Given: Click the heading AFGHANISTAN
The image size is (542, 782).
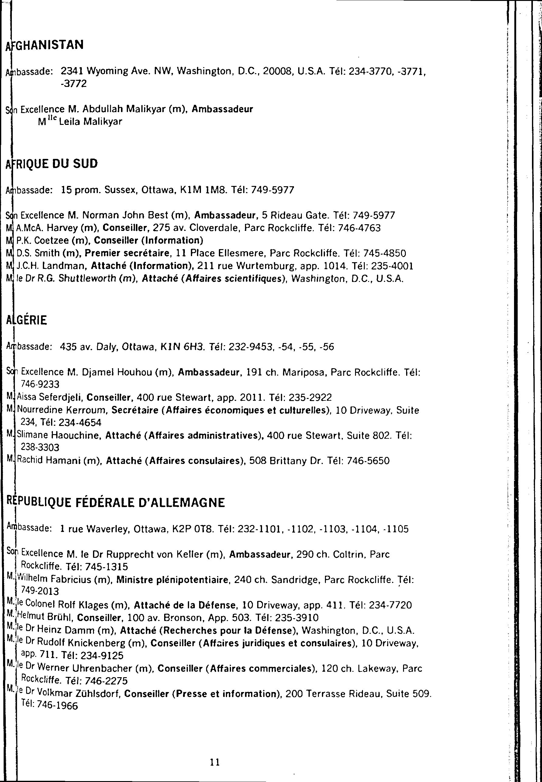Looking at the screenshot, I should click(x=45, y=45).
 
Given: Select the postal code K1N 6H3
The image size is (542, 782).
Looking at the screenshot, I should click(x=182, y=347).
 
